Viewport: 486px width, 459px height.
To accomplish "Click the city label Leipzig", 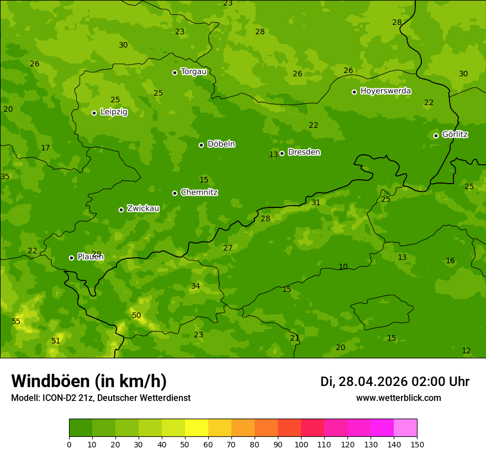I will [x=114, y=112].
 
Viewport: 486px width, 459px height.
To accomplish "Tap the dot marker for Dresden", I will [x=282, y=153].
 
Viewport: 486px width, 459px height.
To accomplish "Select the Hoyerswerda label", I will [x=385, y=91].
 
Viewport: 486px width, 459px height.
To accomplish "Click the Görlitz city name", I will [x=455, y=134].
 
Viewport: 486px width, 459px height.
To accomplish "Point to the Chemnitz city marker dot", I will [x=175, y=193].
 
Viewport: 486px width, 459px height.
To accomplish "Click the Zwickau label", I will [x=143, y=208].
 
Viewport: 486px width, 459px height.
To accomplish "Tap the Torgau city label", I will [x=193, y=72].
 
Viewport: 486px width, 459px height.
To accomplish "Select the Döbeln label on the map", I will [x=221, y=144].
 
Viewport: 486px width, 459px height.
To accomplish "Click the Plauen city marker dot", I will [x=71, y=258].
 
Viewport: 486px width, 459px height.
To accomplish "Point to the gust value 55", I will [x=16, y=322].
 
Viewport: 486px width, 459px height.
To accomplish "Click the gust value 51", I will [x=56, y=341].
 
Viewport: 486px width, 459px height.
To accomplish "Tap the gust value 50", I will [x=136, y=316].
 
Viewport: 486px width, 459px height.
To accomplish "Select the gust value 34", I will [x=196, y=286].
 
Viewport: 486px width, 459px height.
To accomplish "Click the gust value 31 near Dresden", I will [x=316, y=203].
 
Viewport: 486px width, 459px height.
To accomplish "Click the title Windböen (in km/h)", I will [x=89, y=381].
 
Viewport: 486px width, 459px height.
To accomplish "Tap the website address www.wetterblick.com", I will [x=398, y=398].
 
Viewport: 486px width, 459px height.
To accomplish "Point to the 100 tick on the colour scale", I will [x=301, y=444].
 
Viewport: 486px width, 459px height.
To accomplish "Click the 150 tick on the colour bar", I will [x=416, y=444].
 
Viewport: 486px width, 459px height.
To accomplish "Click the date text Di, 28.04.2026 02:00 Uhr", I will [x=394, y=382].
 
